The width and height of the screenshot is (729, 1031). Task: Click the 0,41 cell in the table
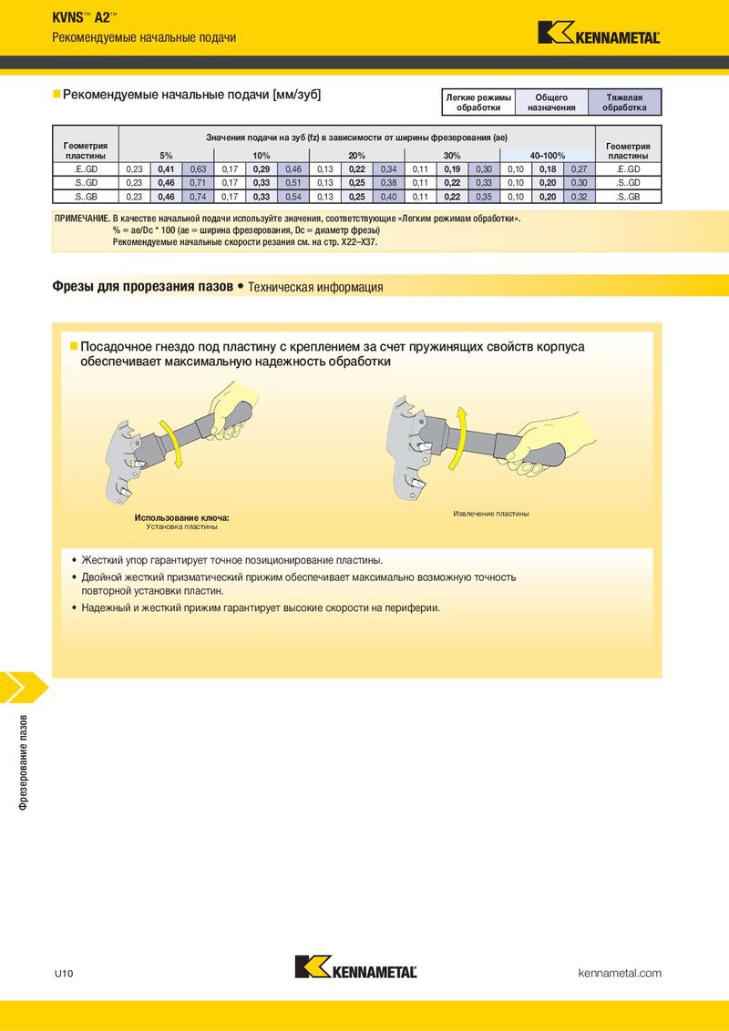click(167, 169)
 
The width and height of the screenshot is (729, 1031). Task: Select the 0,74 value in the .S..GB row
click(198, 197)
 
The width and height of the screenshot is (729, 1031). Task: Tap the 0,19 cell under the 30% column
click(452, 169)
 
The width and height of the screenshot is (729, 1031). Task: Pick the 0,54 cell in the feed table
click(293, 197)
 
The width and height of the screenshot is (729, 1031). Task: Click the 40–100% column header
click(548, 156)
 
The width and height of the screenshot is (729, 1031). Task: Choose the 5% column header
click(167, 156)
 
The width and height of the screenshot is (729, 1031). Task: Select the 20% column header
click(356, 156)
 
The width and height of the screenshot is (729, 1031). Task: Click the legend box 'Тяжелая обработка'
click(624, 103)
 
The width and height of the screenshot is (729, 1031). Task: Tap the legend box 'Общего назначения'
click(551, 103)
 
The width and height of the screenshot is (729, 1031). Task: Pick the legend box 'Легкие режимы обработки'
click(478, 103)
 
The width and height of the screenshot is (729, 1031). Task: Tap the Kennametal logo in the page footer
click(356, 966)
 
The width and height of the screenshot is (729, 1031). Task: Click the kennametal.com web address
click(620, 973)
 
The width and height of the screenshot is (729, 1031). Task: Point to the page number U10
click(64, 974)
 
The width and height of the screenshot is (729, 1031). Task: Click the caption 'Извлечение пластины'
click(491, 514)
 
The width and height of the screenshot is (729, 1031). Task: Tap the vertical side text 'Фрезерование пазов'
click(24, 761)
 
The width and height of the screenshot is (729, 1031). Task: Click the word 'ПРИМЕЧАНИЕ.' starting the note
click(82, 219)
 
